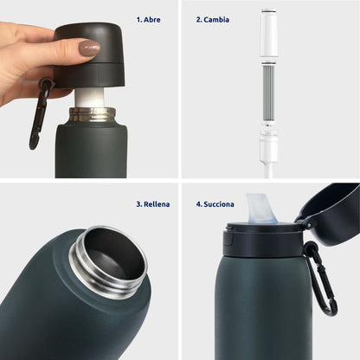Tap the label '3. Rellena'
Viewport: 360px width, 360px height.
[152, 204]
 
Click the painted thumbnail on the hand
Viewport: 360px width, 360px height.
[89, 48]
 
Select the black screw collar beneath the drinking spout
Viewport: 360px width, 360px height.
[260, 237]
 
